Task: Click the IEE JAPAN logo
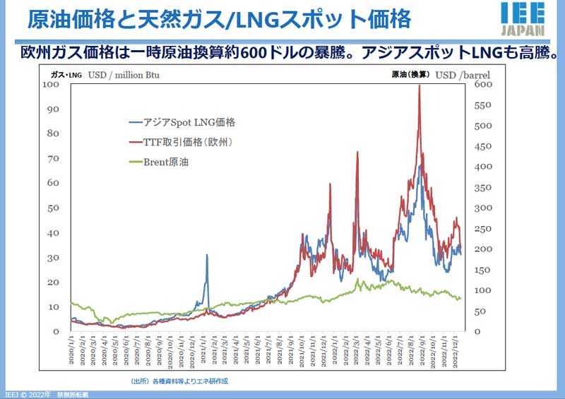click(x=523, y=19)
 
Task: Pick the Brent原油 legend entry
click(x=174, y=162)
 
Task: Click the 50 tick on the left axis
click(x=52, y=208)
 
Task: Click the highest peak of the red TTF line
click(x=420, y=85)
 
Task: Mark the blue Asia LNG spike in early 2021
click(x=206, y=255)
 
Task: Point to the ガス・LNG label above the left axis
click(x=66, y=74)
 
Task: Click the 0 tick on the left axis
click(x=55, y=331)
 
